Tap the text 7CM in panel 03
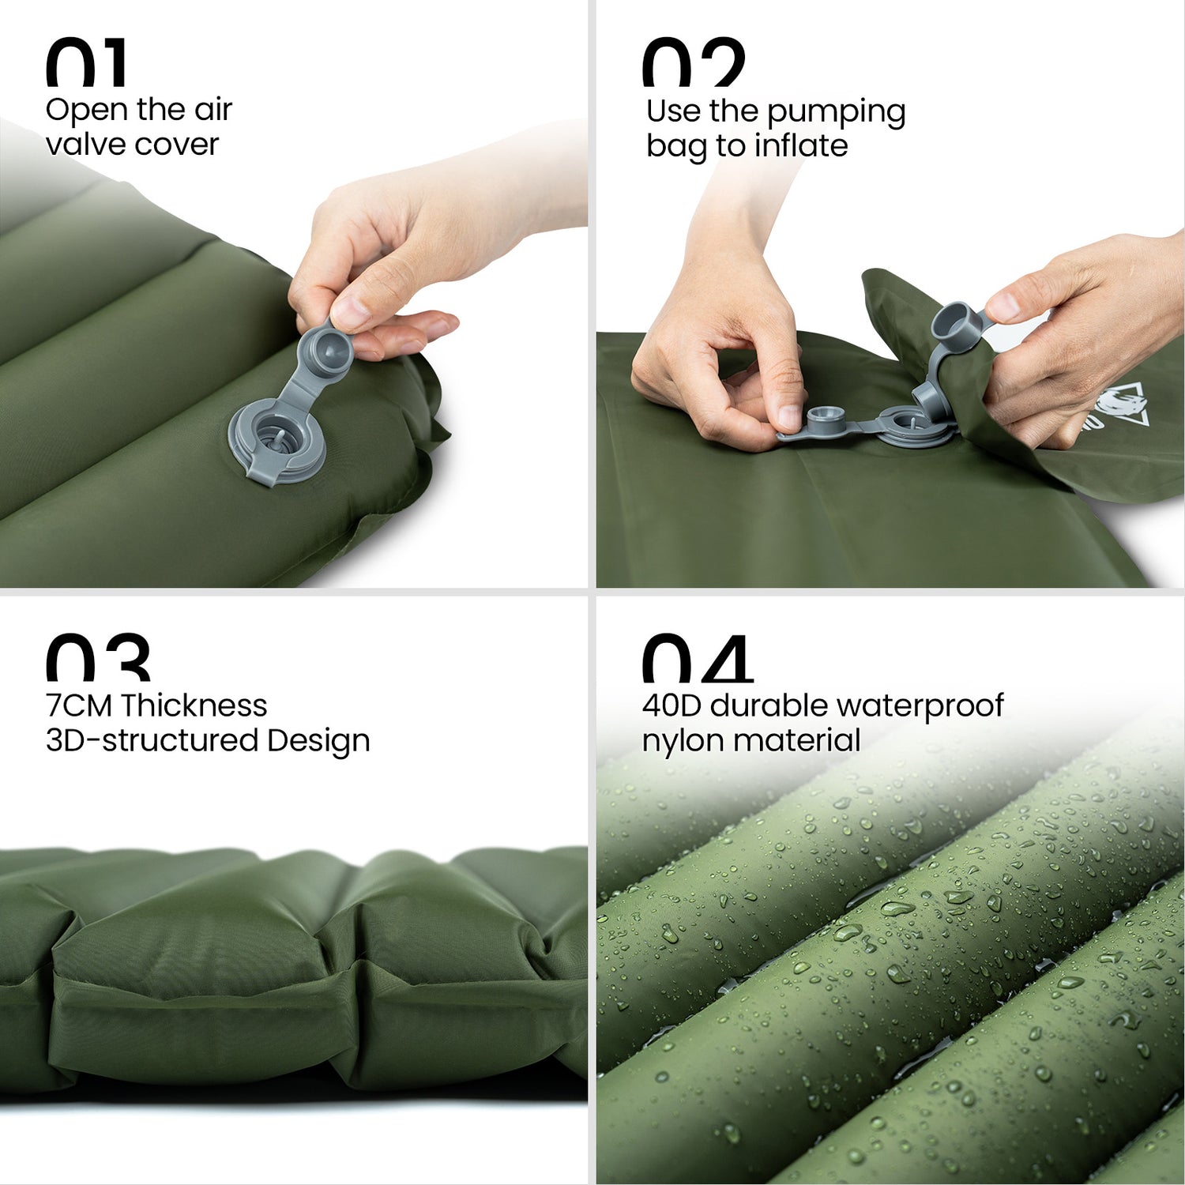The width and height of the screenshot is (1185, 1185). (x=79, y=705)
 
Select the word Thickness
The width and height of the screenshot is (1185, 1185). (x=194, y=705)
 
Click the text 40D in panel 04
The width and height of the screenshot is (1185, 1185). (x=671, y=705)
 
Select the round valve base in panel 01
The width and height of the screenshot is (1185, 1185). (x=277, y=440)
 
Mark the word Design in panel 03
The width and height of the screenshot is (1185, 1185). (x=318, y=741)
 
